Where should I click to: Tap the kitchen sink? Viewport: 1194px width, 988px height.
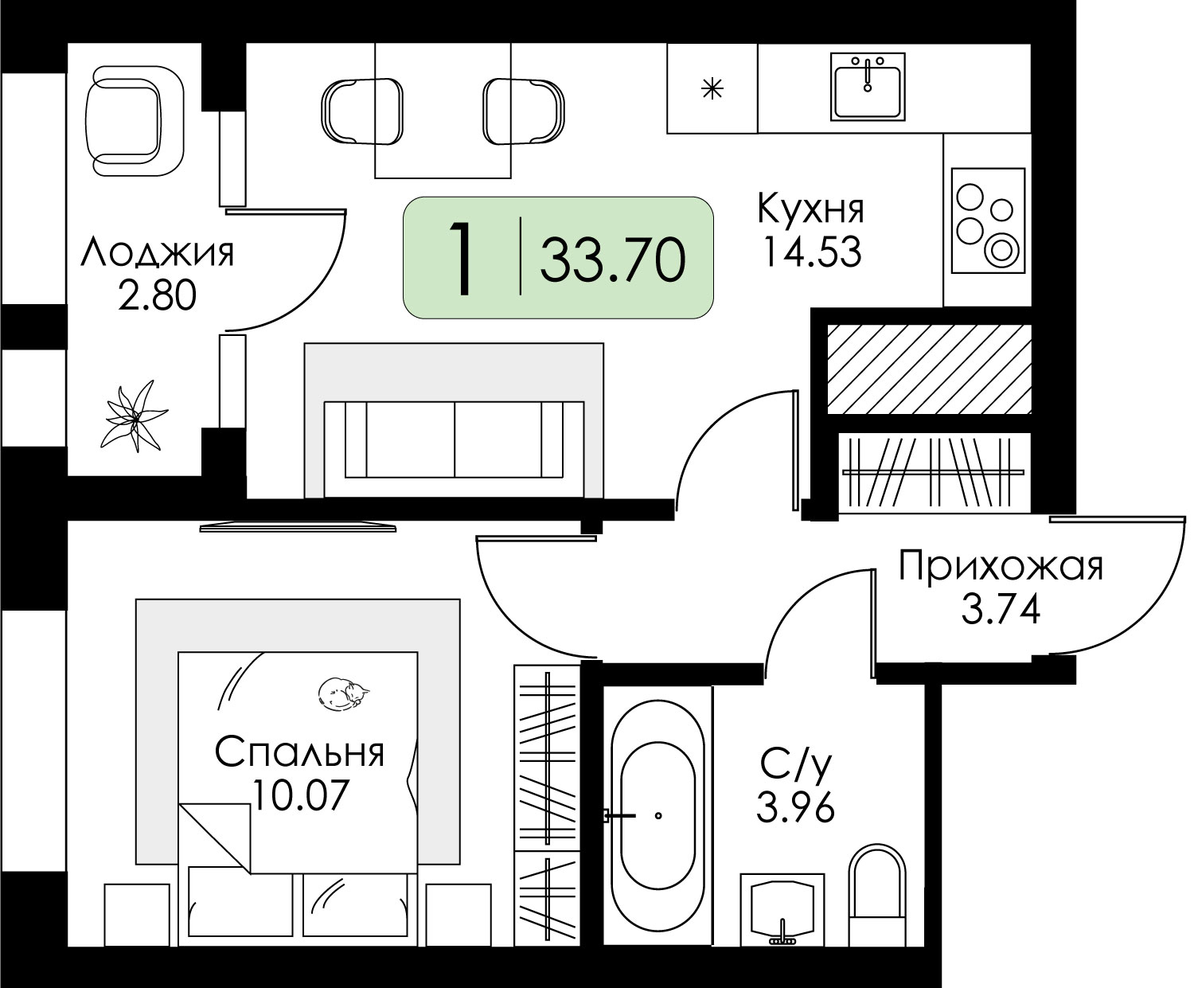868,87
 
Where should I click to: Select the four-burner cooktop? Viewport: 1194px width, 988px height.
988,221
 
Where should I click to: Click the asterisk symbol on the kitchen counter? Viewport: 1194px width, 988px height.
712,89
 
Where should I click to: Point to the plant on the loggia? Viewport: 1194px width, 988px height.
135,416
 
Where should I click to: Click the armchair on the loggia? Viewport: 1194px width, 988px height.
135,121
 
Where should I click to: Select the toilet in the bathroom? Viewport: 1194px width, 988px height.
877,896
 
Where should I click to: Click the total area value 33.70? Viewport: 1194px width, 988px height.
612,260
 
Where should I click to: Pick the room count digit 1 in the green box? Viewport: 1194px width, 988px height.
461,258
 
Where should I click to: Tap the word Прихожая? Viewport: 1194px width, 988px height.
1001,566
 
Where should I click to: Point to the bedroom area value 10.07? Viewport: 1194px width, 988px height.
299,795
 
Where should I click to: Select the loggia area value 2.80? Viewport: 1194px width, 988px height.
157,295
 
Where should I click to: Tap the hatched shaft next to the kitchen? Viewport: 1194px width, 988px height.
929,369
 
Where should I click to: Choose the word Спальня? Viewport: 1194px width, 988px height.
299,752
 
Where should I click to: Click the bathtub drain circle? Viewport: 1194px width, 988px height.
658,816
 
